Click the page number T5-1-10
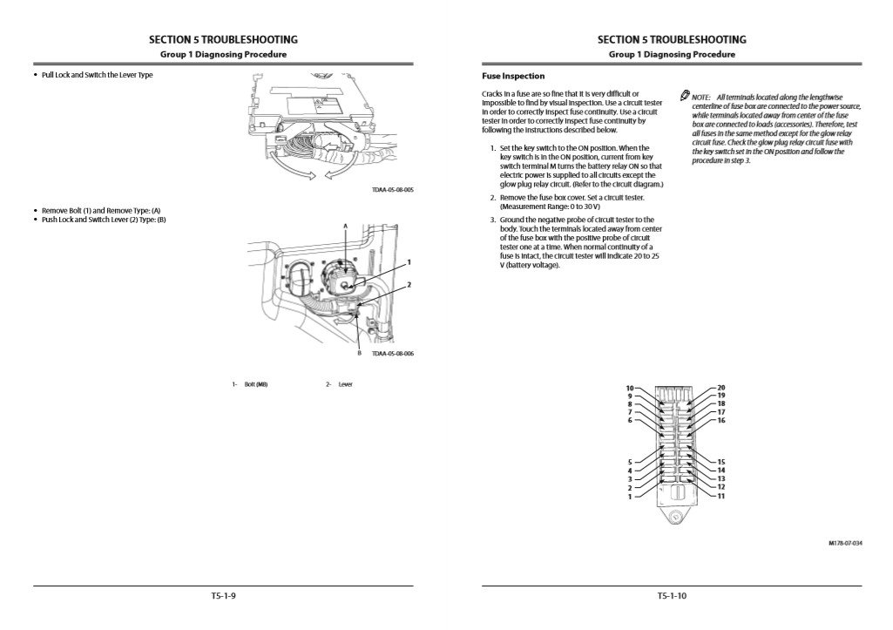(x=671, y=597)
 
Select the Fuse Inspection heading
(x=513, y=76)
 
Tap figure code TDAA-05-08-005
(x=392, y=189)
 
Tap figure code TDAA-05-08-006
(x=392, y=354)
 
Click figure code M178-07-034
(x=845, y=542)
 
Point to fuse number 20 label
(x=720, y=387)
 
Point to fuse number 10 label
(x=629, y=387)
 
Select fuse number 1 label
(x=629, y=497)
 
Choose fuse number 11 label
(x=720, y=497)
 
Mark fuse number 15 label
(x=720, y=461)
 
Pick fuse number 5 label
(x=629, y=461)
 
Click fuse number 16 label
(x=720, y=421)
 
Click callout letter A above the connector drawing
(x=345, y=226)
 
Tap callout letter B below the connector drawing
(x=358, y=353)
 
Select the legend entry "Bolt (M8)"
(x=256, y=384)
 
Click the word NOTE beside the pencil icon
(x=700, y=97)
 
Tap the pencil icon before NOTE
(x=684, y=95)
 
